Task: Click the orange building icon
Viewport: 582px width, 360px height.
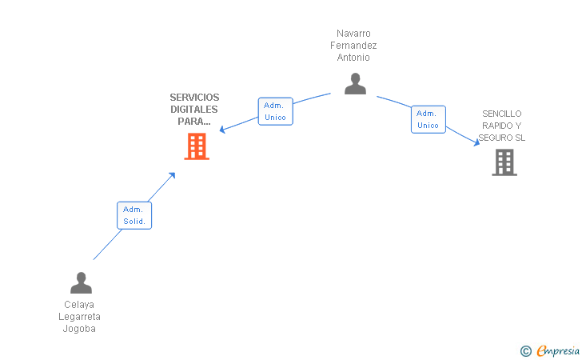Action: click(x=197, y=146)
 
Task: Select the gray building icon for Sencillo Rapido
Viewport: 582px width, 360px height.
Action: click(x=504, y=162)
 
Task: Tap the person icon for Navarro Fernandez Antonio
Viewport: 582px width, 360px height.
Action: click(x=355, y=83)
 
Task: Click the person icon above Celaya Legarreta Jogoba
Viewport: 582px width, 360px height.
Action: click(x=81, y=282)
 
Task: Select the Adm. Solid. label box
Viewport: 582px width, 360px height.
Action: click(x=134, y=215)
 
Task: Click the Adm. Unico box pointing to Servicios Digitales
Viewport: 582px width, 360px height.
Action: click(x=275, y=111)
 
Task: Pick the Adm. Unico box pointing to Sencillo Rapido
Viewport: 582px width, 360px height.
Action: click(x=429, y=119)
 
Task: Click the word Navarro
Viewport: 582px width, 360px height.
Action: click(x=353, y=34)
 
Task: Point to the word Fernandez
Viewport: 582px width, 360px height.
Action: click(x=353, y=46)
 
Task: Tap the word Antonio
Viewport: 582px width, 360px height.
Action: click(x=353, y=58)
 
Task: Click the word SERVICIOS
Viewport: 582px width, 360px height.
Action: click(x=194, y=98)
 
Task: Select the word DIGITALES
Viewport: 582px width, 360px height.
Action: click(x=194, y=110)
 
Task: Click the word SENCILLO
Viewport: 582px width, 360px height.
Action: click(x=502, y=114)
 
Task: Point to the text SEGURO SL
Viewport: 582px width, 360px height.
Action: click(x=502, y=138)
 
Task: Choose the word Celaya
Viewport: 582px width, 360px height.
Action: click(x=79, y=305)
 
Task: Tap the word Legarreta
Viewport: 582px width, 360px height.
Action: click(x=79, y=317)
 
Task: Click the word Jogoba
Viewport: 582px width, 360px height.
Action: click(x=79, y=329)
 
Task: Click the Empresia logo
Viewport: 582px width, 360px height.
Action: click(x=550, y=350)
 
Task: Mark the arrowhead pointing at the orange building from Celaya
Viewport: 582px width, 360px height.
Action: click(x=172, y=175)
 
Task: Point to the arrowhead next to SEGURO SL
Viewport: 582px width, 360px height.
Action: click(x=476, y=142)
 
